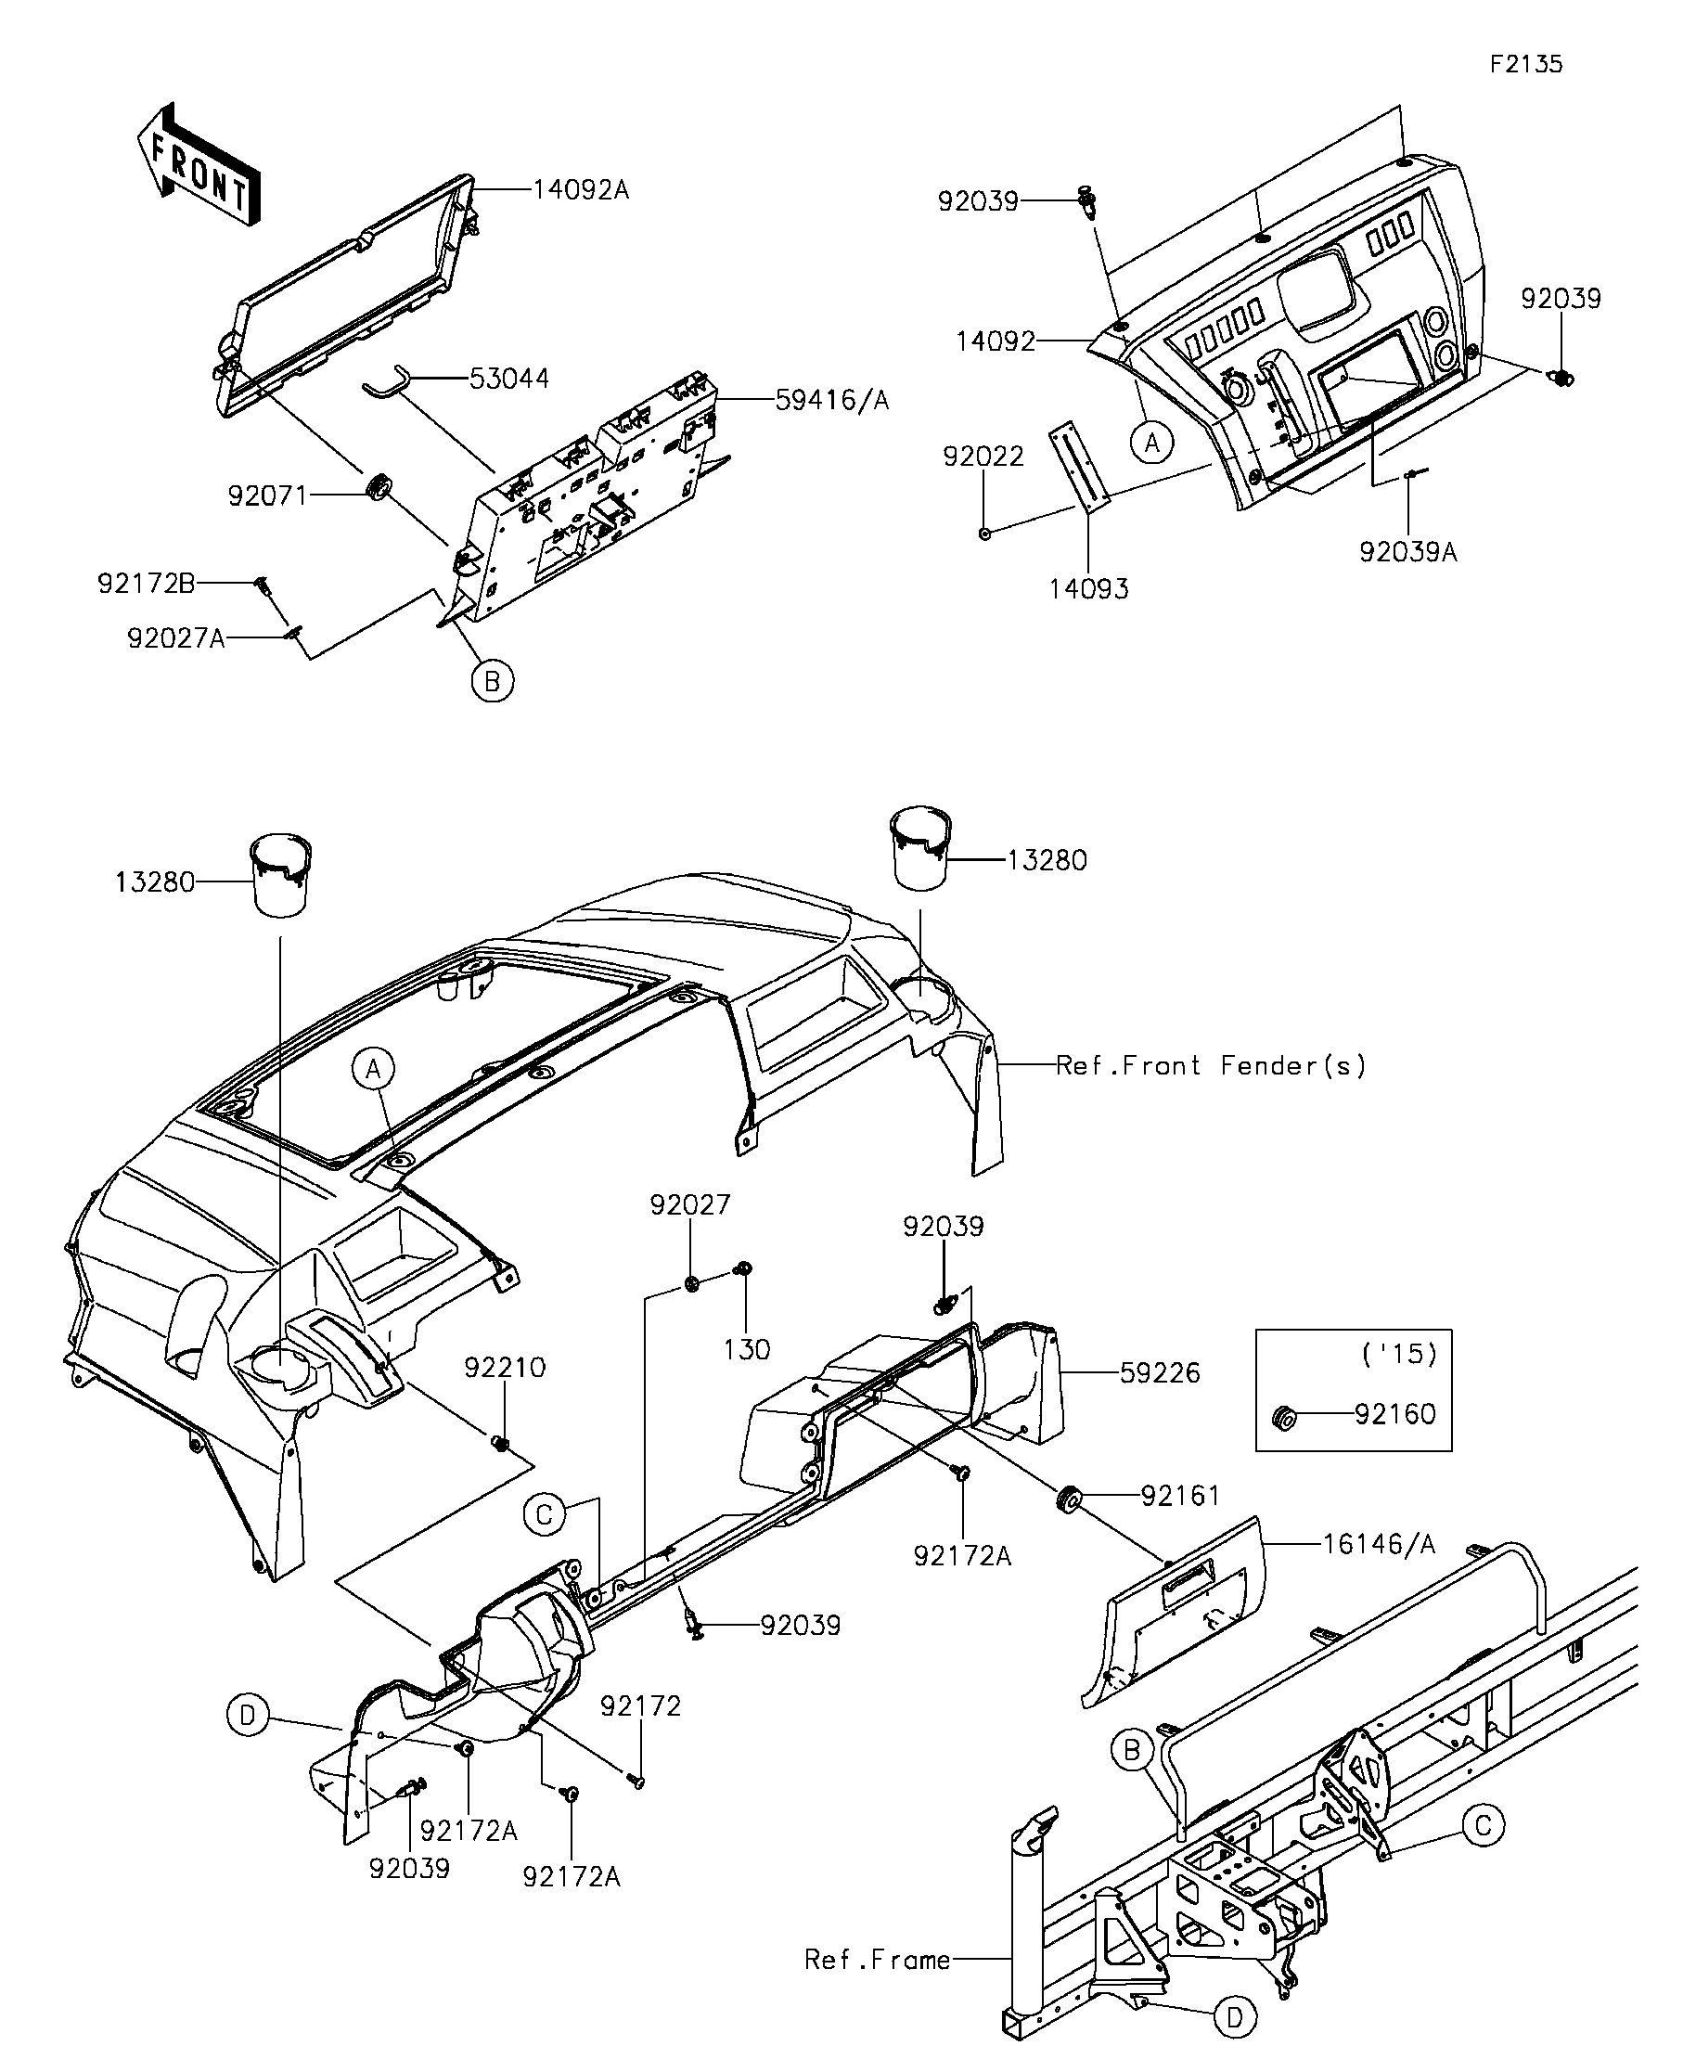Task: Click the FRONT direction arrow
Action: click(x=199, y=163)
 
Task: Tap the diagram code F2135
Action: click(x=1525, y=64)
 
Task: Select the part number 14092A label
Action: click(x=581, y=190)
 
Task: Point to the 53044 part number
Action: click(x=508, y=378)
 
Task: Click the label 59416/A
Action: click(x=832, y=401)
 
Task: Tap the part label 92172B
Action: click(x=146, y=584)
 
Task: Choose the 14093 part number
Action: click(x=1089, y=588)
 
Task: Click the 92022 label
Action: click(x=983, y=456)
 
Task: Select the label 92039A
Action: click(x=1407, y=552)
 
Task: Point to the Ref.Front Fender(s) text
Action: click(x=1211, y=1066)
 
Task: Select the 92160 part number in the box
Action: click(x=1395, y=1415)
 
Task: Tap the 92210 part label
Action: click(x=505, y=1368)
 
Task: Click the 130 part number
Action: click(x=747, y=1350)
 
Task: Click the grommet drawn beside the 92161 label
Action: click(x=1067, y=1500)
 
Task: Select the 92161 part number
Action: click(x=1180, y=1496)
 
